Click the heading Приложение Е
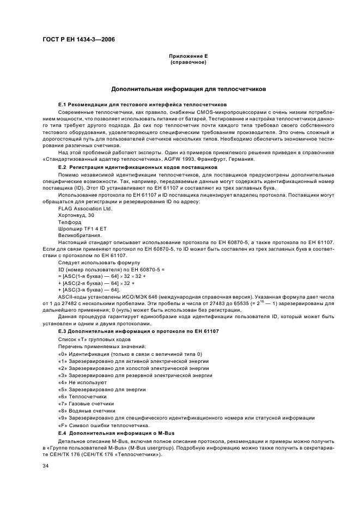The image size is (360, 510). tap(188, 57)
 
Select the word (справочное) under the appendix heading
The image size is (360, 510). tap(188, 62)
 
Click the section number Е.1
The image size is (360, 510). tap(62, 104)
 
